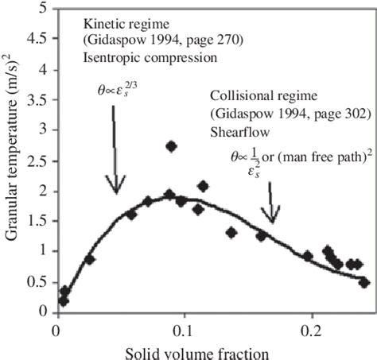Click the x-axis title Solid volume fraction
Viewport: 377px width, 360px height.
tap(211, 350)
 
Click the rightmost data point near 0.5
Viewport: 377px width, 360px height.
tap(364, 282)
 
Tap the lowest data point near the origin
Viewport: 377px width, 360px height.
tap(64, 300)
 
